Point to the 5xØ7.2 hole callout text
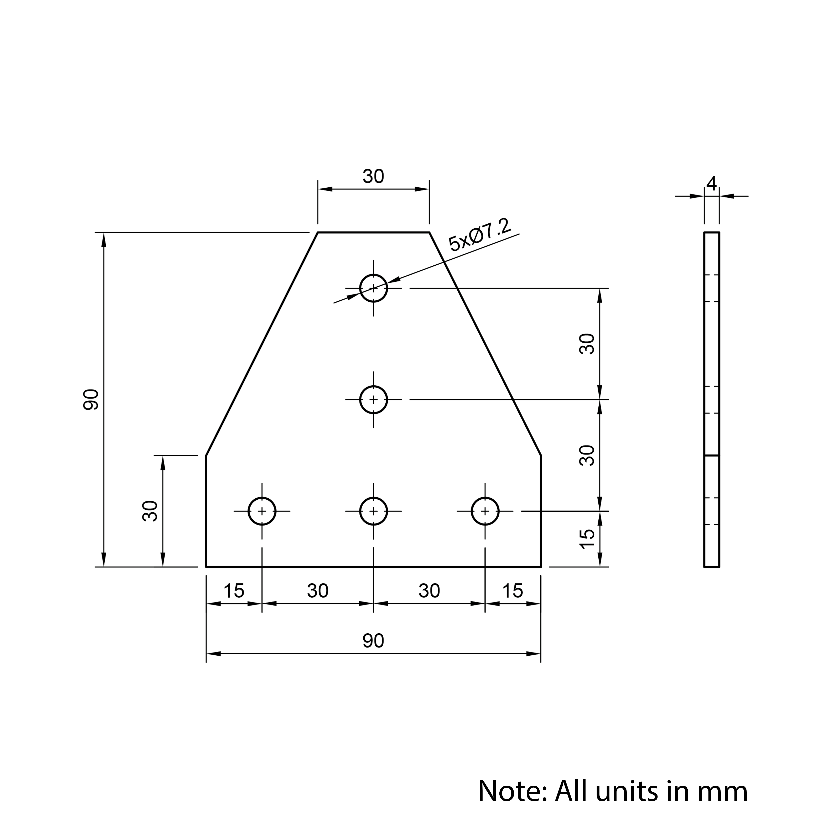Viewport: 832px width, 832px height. coord(479,235)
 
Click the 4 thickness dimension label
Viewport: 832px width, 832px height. coord(711,184)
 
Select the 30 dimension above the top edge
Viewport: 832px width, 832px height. coord(373,176)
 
